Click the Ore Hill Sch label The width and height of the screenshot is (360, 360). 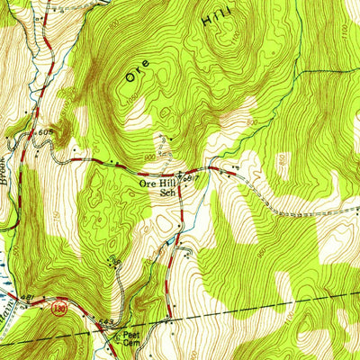(157, 187)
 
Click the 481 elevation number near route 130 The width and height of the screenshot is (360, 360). (28, 297)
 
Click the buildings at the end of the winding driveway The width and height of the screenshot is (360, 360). (113, 261)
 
